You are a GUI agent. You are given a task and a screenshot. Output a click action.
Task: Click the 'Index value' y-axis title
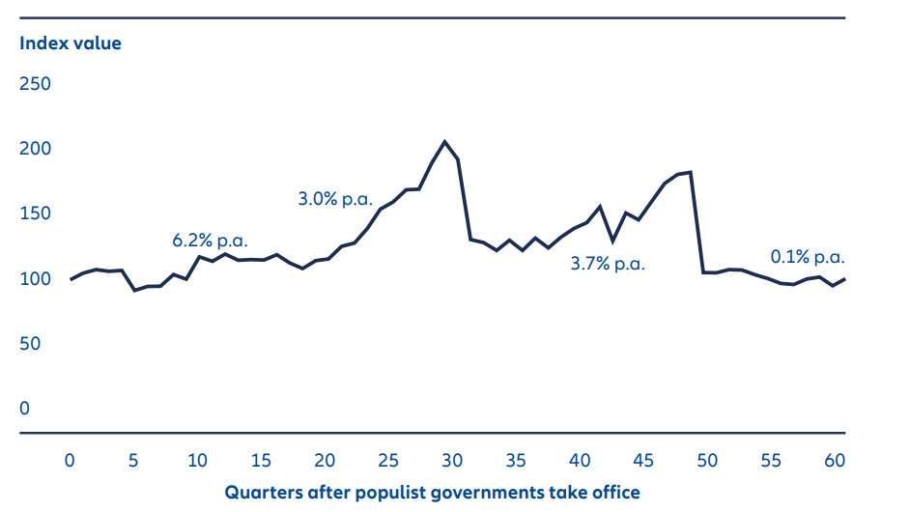coord(71,43)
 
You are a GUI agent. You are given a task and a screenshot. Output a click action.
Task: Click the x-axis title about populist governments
coord(432,492)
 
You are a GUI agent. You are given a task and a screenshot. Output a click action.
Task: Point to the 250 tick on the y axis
coord(36,84)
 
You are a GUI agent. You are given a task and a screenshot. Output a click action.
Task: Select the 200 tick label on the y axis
coord(36,149)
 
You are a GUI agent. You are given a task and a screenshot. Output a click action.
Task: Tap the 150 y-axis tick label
coord(36,213)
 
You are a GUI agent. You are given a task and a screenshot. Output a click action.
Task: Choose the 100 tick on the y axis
coord(36,279)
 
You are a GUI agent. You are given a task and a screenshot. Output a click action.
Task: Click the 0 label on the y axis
coord(25,409)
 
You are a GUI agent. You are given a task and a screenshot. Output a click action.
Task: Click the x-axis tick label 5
coord(134,461)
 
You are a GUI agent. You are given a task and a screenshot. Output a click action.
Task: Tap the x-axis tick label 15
coord(261,461)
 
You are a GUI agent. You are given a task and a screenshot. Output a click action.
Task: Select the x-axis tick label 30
coord(452,461)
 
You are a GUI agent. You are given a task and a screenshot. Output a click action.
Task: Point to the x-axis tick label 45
coord(643,461)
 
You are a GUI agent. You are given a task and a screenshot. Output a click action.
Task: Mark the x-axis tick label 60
coord(835,461)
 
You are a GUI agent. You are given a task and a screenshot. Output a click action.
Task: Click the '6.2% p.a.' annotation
coord(209,240)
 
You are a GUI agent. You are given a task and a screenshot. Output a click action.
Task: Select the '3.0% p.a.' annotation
coord(335,200)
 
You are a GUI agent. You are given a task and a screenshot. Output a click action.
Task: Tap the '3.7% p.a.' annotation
coord(607,263)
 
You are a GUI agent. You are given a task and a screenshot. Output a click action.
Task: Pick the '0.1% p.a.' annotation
coord(808,257)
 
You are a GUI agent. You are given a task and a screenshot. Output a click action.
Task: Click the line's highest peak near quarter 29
coord(444,141)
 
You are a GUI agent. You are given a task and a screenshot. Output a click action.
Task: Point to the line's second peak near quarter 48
coord(691,172)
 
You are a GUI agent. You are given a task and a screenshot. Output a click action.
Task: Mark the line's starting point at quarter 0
coord(71,279)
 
